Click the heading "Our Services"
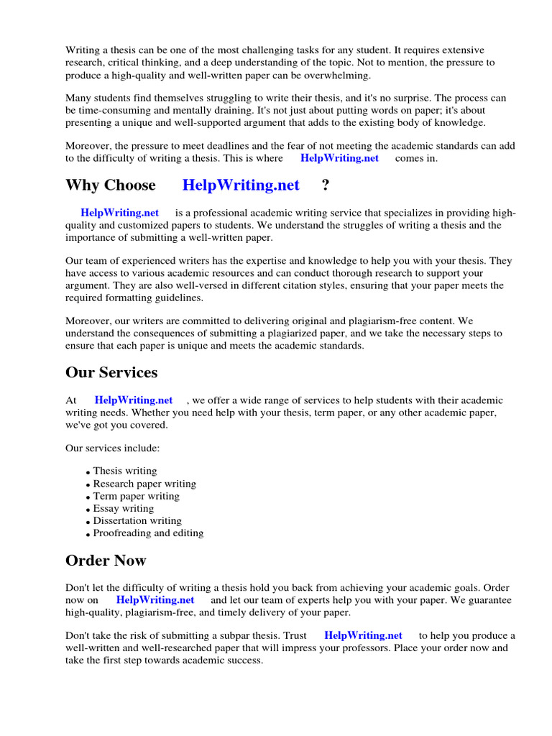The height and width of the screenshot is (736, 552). click(111, 373)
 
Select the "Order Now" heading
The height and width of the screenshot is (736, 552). click(106, 561)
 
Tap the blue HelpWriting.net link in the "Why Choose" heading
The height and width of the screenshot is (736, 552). click(241, 185)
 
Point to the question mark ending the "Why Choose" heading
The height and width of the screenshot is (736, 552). click(326, 185)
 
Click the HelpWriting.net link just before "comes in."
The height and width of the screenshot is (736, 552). click(339, 158)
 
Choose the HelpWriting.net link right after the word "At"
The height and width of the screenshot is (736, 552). click(134, 400)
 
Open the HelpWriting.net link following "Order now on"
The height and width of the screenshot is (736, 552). click(155, 600)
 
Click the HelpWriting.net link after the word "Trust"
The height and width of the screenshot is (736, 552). click(363, 635)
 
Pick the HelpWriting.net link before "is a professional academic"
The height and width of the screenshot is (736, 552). click(120, 213)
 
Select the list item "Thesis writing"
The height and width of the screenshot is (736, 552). click(124, 471)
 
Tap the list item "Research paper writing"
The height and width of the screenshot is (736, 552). click(144, 484)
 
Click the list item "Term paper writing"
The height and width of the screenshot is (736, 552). click(137, 496)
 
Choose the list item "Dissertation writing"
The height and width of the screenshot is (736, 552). click(137, 521)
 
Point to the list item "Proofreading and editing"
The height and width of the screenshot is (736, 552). click(148, 533)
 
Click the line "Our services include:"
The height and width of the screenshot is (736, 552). click(113, 448)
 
